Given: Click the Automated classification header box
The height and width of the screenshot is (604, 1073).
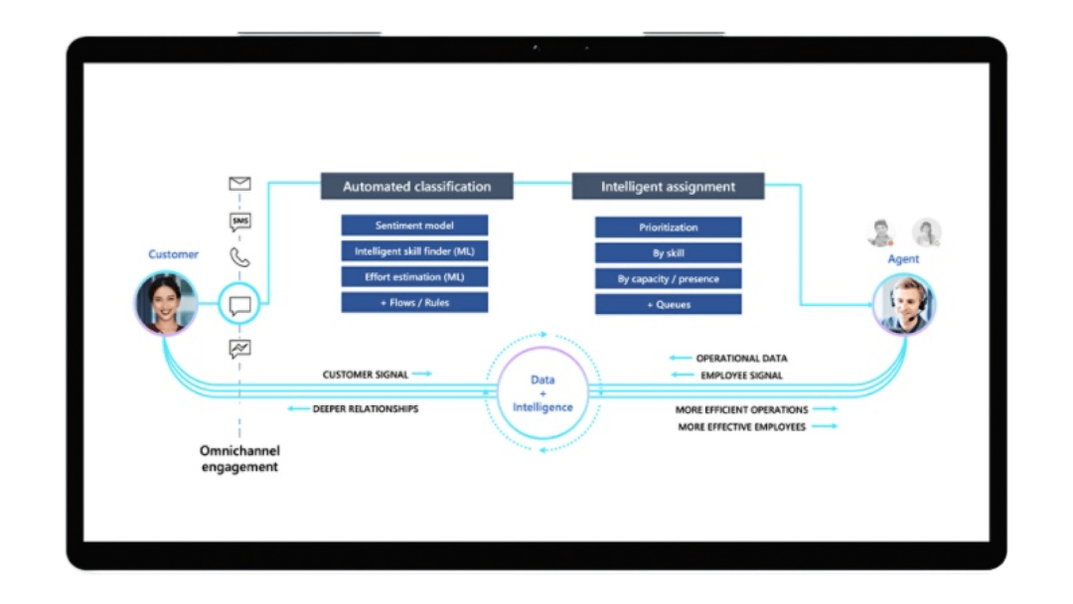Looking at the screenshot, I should point(416,187).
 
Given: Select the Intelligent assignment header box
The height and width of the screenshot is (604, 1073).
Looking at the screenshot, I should point(668,187).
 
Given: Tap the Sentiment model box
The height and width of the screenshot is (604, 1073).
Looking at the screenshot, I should point(414,226).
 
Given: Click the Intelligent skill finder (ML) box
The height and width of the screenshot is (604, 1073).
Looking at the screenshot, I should point(414,251).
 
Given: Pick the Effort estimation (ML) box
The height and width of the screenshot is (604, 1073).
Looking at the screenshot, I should point(414,277).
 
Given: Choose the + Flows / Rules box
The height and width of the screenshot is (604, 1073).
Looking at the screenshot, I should point(414,303).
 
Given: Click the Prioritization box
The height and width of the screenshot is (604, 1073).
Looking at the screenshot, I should point(668,227).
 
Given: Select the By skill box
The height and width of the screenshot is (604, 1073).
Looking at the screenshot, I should point(668,253).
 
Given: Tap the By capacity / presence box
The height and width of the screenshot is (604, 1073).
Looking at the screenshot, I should point(668,279).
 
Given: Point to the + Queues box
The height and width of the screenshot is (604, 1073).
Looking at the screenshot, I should point(668,305).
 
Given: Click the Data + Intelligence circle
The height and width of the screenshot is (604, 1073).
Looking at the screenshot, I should point(542,393).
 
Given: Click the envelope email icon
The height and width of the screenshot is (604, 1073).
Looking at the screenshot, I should point(239,184).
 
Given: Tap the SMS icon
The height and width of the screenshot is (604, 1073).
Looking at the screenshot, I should point(239,222).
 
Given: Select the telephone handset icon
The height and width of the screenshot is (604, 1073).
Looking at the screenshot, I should point(239,258).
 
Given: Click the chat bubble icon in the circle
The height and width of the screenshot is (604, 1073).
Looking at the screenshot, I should point(239,304).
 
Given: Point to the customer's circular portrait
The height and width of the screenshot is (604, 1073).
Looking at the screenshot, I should point(166,304).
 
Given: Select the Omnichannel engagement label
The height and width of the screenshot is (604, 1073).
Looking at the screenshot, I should point(239,459).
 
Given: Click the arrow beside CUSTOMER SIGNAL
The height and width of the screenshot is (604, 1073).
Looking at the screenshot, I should point(421,375).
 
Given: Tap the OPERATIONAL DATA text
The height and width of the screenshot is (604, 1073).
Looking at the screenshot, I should point(741,359).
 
